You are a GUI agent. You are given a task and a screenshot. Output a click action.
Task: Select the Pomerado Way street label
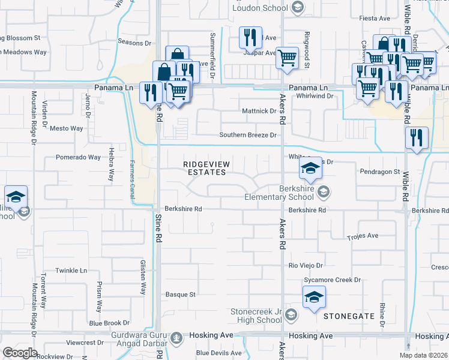[78, 157]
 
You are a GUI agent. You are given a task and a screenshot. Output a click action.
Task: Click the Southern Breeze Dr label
[247, 135]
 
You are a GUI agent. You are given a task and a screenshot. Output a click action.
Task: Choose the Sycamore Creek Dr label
[332, 280]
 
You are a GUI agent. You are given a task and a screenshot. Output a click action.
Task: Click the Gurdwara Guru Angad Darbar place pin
[176, 338]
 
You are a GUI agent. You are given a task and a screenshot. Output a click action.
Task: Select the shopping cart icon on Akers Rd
[288, 58]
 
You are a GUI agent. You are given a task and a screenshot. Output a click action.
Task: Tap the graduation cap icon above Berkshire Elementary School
[310, 169]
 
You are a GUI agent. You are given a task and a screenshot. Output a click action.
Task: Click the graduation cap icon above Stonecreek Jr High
[315, 297]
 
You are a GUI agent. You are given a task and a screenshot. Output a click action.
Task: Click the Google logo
[20, 353]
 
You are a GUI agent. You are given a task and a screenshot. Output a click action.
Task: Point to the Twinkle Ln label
[71, 271]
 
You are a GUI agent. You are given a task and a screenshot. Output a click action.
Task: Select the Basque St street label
[181, 295]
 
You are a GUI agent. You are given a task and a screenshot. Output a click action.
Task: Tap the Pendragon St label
[379, 172]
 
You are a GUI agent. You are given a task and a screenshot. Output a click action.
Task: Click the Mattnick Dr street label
[259, 111]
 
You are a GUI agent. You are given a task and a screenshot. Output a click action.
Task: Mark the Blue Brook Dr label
[109, 323]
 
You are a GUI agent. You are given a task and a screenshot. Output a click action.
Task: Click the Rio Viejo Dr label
[306, 265]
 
